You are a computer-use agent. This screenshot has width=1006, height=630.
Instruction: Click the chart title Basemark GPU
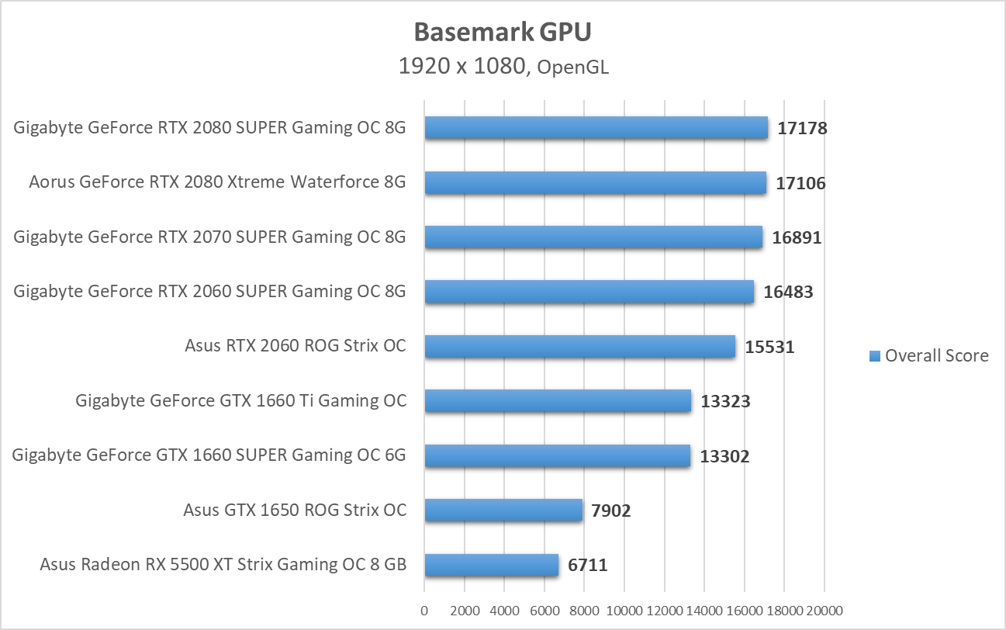[502, 32]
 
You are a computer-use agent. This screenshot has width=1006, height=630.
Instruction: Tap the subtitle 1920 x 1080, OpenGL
[503, 67]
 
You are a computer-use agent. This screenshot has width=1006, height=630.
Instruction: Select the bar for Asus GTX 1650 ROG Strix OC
[503, 511]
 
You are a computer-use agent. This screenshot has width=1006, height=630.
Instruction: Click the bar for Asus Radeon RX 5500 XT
[491, 565]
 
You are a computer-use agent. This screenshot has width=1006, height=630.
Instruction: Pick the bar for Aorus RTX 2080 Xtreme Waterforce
[595, 183]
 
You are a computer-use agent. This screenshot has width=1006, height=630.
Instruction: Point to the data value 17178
[802, 129]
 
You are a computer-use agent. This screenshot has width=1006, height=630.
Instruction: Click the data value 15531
[769, 347]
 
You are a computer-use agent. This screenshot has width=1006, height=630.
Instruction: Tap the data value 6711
[587, 565]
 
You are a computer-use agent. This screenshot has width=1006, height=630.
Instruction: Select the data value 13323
[725, 401]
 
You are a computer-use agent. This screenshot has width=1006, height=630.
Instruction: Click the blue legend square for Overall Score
[875, 356]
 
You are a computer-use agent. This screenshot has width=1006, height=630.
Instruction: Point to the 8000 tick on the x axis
[585, 611]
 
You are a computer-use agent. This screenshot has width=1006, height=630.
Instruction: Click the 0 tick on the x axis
[424, 611]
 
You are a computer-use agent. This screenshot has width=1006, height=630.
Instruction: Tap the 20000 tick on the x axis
[824, 611]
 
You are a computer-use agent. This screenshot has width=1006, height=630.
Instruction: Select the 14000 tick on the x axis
[704, 611]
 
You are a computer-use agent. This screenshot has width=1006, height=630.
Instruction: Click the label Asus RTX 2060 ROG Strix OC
[296, 346]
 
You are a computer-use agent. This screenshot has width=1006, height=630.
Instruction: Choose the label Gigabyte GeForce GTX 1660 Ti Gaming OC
[240, 401]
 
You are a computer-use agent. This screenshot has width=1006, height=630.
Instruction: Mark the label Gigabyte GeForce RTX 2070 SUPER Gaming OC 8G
[209, 237]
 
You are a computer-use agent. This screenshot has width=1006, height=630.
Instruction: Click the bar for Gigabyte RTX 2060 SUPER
[589, 292]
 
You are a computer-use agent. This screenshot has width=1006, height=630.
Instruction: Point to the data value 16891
[797, 237]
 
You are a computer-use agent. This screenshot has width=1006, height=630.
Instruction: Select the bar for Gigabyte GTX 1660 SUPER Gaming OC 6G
[557, 456]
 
